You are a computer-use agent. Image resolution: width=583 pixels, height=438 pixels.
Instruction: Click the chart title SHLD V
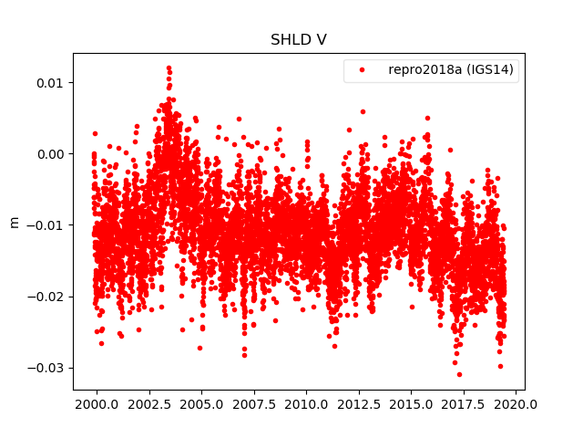pos(299,40)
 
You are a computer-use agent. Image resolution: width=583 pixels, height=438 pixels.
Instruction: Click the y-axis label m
pos(14,222)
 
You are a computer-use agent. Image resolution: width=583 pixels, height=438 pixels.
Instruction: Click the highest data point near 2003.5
pos(169,68)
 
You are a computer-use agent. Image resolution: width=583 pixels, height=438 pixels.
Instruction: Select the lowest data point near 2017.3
pos(459,374)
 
